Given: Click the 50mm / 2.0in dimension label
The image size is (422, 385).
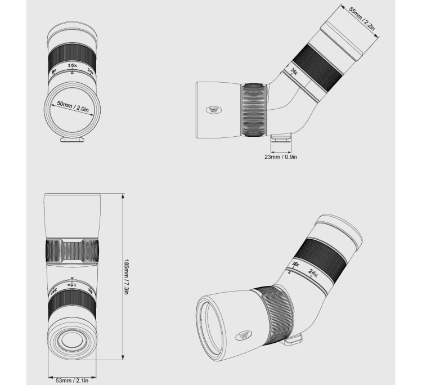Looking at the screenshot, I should [x=74, y=107].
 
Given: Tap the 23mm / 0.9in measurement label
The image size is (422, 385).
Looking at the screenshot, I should [x=280, y=156].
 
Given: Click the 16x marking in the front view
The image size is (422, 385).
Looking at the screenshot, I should [x=72, y=66].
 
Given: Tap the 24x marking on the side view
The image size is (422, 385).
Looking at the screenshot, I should [x=294, y=71].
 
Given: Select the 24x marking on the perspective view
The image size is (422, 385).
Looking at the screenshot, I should [x=313, y=274].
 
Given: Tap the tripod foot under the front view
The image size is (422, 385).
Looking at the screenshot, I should [x=72, y=139].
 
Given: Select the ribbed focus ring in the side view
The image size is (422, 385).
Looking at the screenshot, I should [x=254, y=110].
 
